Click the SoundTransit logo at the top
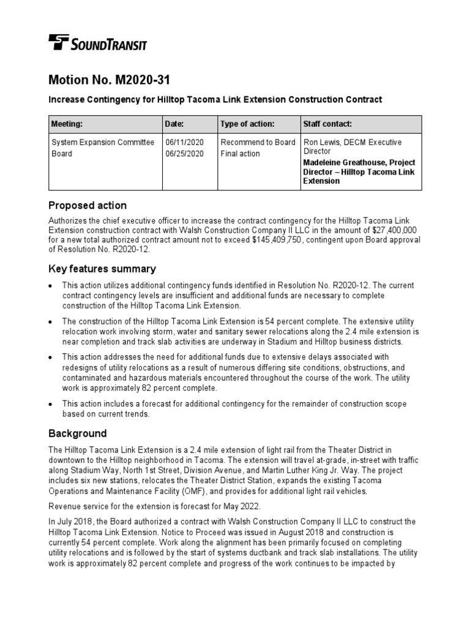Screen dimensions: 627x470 pyautogui.click(x=97, y=43)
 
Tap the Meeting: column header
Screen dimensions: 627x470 pyautogui.click(x=67, y=124)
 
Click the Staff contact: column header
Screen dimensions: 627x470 pyautogui.click(x=327, y=124)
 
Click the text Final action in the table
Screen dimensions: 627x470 pyautogui.click(x=240, y=154)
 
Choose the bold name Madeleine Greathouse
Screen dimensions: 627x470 pyautogui.click(x=343, y=163)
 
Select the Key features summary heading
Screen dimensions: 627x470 pyautogui.click(x=102, y=269)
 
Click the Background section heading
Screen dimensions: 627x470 pyautogui.click(x=78, y=434)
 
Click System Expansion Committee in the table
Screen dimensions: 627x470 pyautogui.click(x=103, y=143)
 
